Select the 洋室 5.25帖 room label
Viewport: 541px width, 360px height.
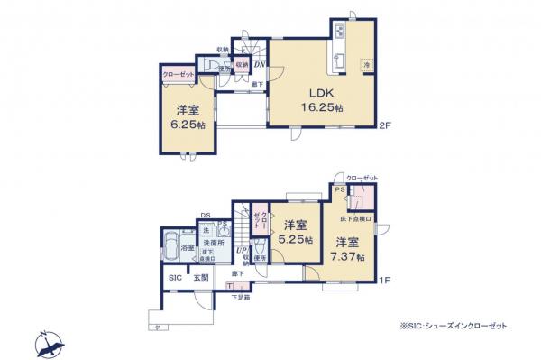295,233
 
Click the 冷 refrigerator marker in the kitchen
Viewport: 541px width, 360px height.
366,65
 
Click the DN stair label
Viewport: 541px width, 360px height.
258,64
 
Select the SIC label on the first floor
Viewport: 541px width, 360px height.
176,278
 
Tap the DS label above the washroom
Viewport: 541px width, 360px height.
206,216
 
